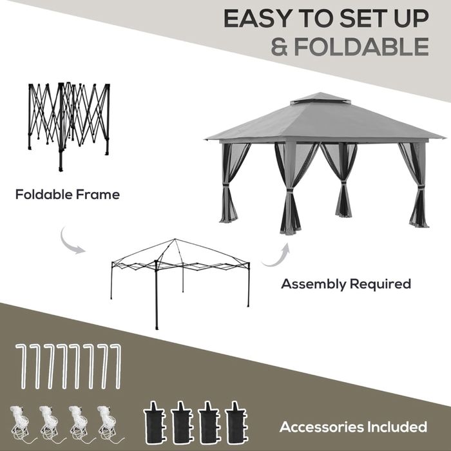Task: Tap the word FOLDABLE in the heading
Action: pyautogui.click(x=361, y=46)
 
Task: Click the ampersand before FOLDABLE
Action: pyautogui.click(x=280, y=46)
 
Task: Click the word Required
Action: pyautogui.click(x=380, y=285)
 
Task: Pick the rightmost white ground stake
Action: pyautogui.click(x=117, y=367)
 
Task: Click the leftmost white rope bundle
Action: pyautogui.click(x=21, y=423)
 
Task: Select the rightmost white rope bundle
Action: pyautogui.click(x=110, y=423)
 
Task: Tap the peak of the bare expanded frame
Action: pyautogui.click(x=175, y=239)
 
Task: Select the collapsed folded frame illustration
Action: pyautogui.click(x=69, y=126)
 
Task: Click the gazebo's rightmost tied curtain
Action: pyautogui.click(x=415, y=184)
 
